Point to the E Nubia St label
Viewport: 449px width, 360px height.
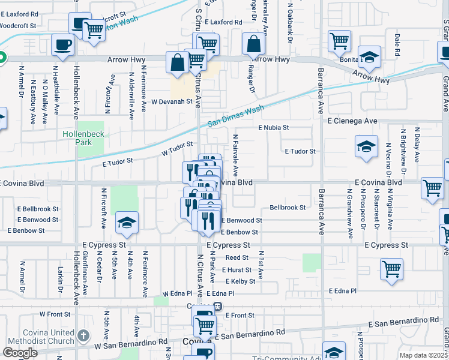tap(274, 128)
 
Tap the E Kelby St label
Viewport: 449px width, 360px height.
tap(240, 281)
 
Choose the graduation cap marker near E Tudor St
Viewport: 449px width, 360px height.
tap(366, 146)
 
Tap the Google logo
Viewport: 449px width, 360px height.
tap(20, 353)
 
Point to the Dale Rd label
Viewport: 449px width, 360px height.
tap(397, 46)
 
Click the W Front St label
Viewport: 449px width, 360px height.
tap(51, 314)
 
